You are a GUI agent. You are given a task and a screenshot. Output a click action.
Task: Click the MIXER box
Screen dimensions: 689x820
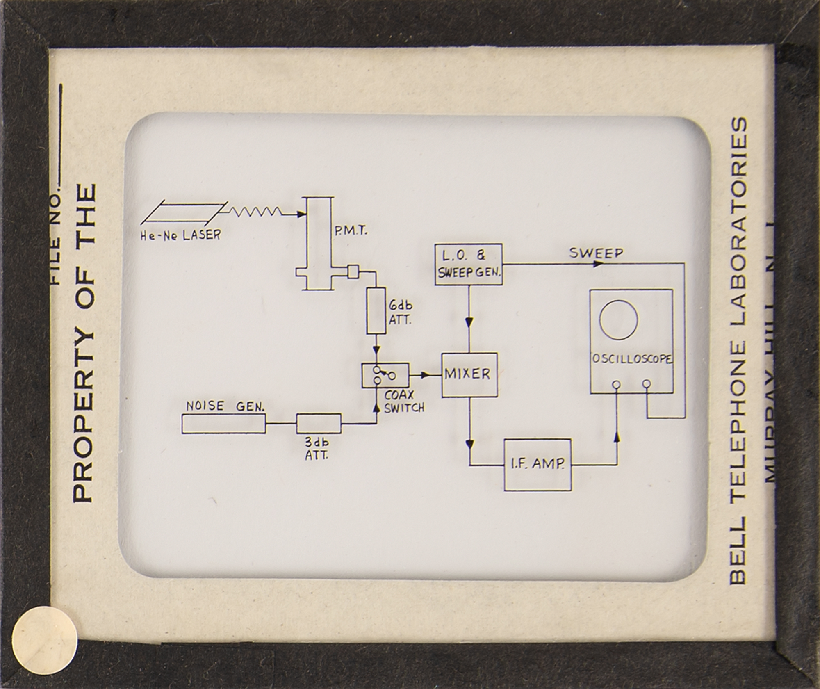[469, 374]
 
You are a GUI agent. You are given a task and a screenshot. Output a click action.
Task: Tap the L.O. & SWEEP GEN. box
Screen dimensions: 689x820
[468, 264]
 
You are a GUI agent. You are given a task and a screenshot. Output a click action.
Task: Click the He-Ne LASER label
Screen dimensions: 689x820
[180, 235]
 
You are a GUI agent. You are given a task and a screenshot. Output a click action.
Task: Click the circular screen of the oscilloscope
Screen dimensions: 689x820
[618, 319]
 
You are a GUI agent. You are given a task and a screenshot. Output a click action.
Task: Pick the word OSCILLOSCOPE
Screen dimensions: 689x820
[632, 359]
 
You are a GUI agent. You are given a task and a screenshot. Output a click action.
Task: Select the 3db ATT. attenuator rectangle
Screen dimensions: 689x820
[319, 424]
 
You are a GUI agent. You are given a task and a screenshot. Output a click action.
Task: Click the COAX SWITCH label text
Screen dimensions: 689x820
[404, 401]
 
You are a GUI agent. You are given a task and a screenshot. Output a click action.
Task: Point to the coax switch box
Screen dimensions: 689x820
[385, 375]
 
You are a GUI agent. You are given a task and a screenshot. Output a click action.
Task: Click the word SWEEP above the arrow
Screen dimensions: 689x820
[596, 253]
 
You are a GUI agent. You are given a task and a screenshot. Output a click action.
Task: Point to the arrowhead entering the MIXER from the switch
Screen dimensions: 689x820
[426, 374]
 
